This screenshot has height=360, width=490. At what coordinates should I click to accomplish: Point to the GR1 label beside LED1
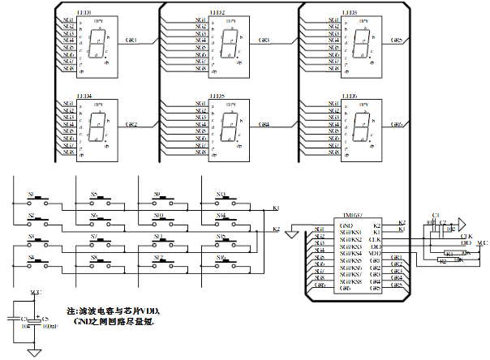pos(132,40)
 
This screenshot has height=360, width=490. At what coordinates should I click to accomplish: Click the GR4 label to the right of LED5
pos(264,125)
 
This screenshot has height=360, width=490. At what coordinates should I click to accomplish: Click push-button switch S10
pos(157,221)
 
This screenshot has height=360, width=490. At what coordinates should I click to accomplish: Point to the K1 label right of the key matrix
pos(276,209)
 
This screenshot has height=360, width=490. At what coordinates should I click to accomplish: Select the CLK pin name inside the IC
pos(375,239)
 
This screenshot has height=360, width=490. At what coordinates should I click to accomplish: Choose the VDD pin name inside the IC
pos(375,253)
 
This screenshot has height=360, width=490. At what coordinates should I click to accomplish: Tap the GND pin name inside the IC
pos(346,225)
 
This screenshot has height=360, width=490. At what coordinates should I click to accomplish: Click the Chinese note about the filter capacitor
pos(114,316)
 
